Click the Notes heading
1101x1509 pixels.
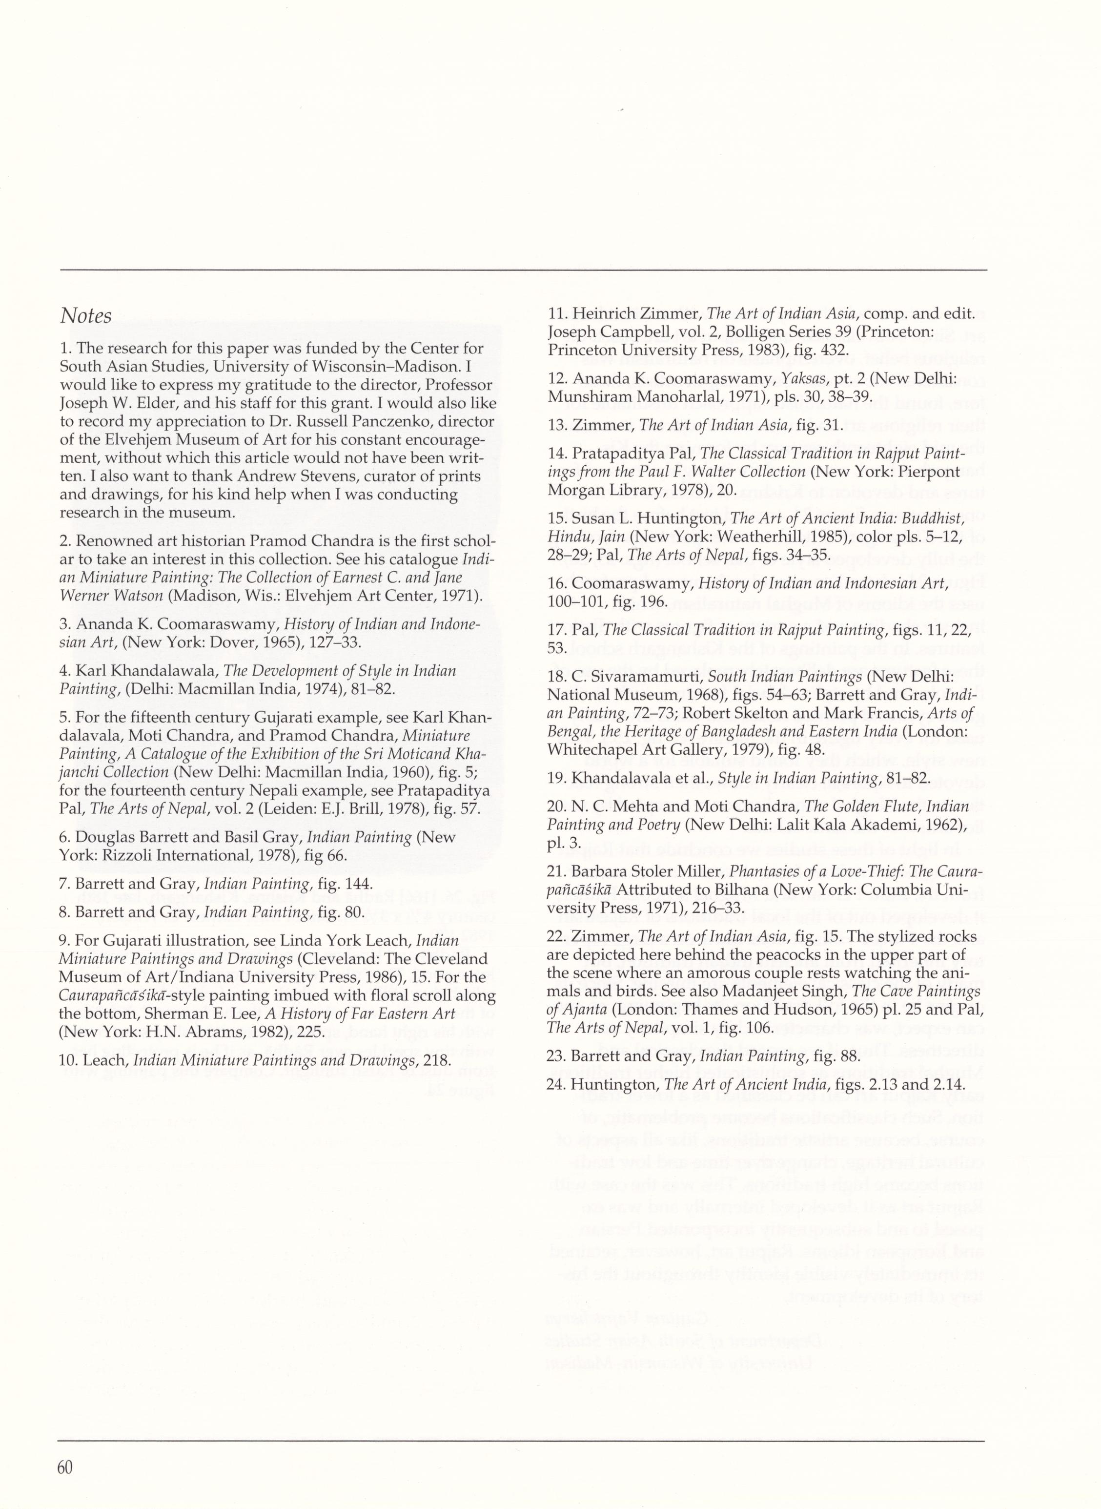point(86,315)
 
